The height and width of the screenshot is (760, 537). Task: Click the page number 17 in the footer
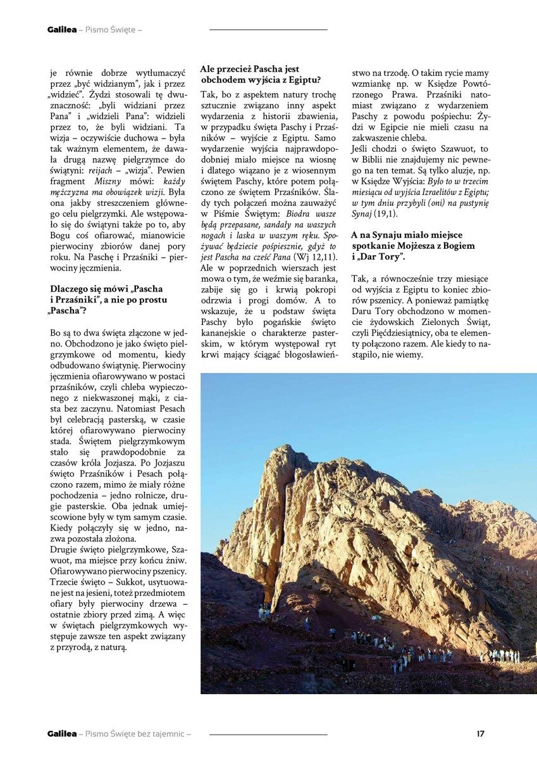click(481, 733)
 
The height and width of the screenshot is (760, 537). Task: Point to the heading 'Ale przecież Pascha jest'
click(250, 68)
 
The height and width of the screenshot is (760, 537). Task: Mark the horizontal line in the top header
click(268, 30)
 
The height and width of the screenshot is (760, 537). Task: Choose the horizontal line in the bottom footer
click(268, 734)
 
